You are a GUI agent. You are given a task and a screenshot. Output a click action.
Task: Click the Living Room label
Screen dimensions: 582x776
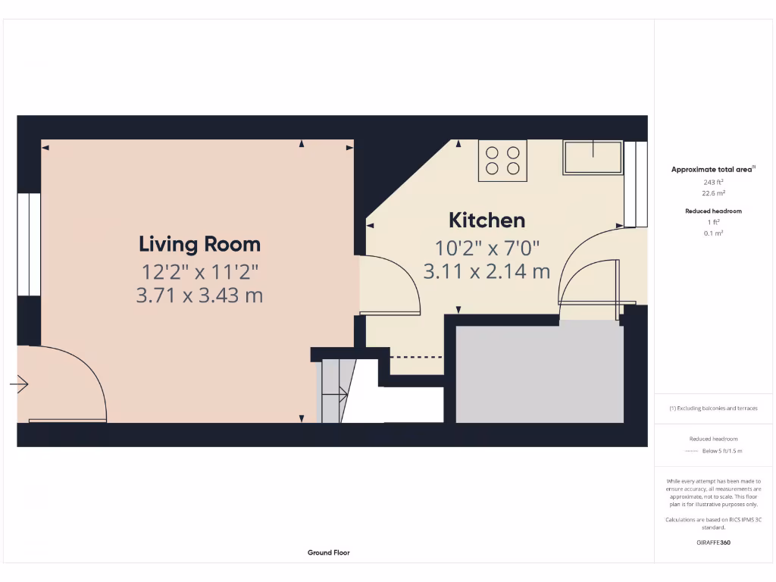coord(199,244)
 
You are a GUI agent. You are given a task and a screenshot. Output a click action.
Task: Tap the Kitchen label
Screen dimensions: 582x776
coord(487,221)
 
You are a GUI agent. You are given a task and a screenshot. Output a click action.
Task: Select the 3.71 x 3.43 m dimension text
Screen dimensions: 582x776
coord(199,296)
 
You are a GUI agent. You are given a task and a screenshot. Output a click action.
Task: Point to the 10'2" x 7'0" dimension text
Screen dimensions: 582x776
coord(487,248)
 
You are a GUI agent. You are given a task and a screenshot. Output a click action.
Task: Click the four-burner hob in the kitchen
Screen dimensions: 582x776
coord(502,161)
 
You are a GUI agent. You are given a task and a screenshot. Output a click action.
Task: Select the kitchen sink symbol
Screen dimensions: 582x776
coord(593,158)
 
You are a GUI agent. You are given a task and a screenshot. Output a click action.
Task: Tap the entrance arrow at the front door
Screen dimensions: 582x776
coord(19,385)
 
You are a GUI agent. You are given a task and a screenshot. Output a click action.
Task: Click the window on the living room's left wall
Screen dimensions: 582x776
coord(29,244)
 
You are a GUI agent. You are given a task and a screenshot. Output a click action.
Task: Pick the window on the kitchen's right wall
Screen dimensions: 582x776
coord(636,184)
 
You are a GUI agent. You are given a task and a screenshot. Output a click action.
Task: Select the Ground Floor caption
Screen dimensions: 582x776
coord(329,552)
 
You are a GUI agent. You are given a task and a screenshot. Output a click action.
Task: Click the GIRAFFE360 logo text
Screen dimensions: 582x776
coord(713,543)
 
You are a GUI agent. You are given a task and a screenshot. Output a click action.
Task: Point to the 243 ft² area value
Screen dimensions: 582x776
coord(713,182)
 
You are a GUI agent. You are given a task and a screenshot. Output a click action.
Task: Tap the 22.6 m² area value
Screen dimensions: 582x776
coord(713,193)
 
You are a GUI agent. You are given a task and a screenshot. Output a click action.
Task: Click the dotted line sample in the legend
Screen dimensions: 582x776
coord(690,451)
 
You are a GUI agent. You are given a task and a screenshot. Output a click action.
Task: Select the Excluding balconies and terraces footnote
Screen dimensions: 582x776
coord(713,408)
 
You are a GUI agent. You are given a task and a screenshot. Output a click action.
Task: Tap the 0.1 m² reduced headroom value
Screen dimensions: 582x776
coord(713,233)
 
